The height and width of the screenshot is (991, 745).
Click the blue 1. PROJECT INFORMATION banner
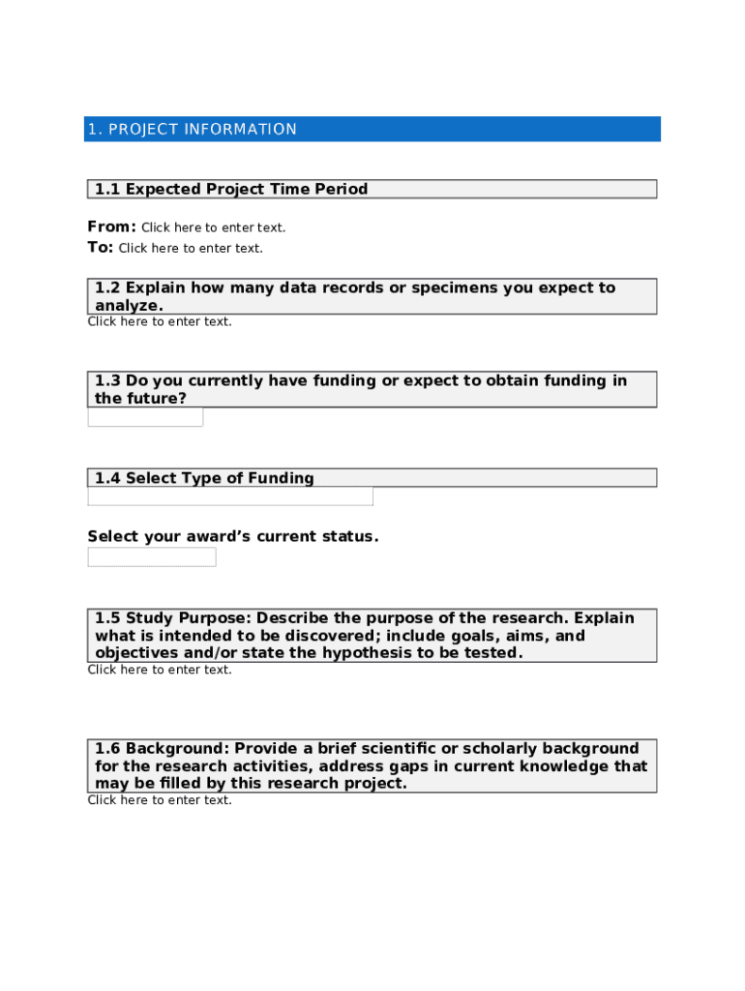coord(372,130)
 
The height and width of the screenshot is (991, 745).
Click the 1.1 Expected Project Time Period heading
coord(231,190)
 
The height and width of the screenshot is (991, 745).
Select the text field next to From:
coord(214,228)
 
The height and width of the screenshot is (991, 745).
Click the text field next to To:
coord(191,249)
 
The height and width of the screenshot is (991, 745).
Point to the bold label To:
coord(100,248)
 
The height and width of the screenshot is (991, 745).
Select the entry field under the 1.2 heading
coord(160,322)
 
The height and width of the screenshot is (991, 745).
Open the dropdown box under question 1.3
coord(145,417)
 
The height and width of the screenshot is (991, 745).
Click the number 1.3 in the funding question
coord(107,381)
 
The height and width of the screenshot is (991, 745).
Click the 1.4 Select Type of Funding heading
coord(204,478)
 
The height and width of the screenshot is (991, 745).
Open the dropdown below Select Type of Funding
coord(230,496)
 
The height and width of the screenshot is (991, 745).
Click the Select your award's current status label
coord(233,537)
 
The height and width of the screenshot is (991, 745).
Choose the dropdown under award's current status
coord(152,556)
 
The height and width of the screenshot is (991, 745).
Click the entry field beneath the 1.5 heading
coord(160,670)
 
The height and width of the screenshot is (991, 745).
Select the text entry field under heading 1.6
coord(160,800)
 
